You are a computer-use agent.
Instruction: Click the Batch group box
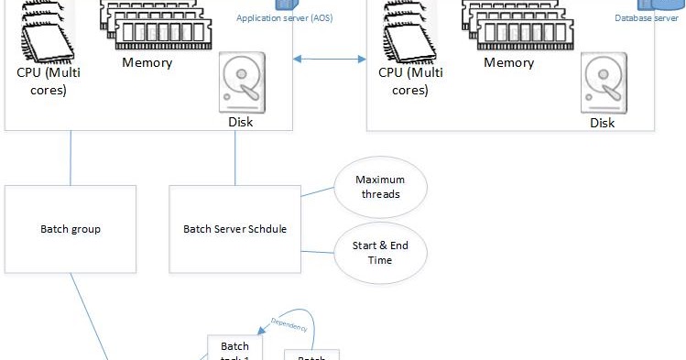(71, 229)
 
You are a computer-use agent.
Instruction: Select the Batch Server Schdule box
(234, 229)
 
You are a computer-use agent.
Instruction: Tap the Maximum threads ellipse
(379, 187)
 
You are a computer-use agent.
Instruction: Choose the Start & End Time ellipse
(379, 253)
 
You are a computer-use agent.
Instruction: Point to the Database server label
(646, 17)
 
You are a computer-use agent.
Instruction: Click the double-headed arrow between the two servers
(329, 60)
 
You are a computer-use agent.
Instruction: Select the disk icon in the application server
(240, 82)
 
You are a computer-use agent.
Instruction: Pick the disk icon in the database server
(602, 82)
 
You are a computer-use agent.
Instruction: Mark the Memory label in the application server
(147, 63)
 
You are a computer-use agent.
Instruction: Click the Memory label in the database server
(508, 63)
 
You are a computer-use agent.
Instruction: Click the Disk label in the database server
(602, 123)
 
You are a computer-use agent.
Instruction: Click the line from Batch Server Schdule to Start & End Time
(317, 251)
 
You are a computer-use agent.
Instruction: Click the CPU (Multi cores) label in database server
(404, 81)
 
